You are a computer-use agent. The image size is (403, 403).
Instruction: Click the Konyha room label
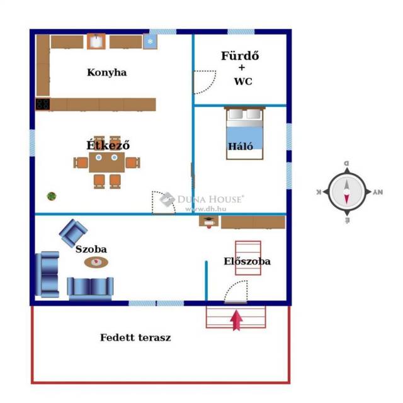tap(106, 72)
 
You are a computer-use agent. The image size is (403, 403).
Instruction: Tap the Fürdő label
tap(240, 56)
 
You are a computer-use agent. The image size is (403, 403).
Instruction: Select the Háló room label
tap(241, 147)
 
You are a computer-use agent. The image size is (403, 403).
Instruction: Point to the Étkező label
tap(108, 145)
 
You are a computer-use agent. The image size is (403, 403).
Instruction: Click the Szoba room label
tap(91, 249)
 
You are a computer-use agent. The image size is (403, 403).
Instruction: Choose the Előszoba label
tap(247, 261)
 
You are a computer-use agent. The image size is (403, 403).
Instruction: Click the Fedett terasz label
tap(135, 338)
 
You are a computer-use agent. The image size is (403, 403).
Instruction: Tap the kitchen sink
tap(96, 42)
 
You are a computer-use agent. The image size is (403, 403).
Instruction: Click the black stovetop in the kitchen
tap(43, 105)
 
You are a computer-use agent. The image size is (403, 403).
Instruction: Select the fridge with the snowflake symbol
tap(150, 42)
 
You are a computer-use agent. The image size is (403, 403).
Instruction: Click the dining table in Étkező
tap(106, 162)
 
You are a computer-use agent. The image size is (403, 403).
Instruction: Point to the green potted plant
tap(51, 196)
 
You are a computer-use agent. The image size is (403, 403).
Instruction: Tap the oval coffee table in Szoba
tap(96, 262)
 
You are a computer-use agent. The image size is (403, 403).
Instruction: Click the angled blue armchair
tap(73, 232)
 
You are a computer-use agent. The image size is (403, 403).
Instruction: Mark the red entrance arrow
tap(237, 320)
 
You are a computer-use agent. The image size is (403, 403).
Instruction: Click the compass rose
tap(346, 192)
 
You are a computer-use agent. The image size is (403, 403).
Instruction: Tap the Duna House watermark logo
tap(167, 200)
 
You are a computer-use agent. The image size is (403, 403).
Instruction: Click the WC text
tap(242, 81)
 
